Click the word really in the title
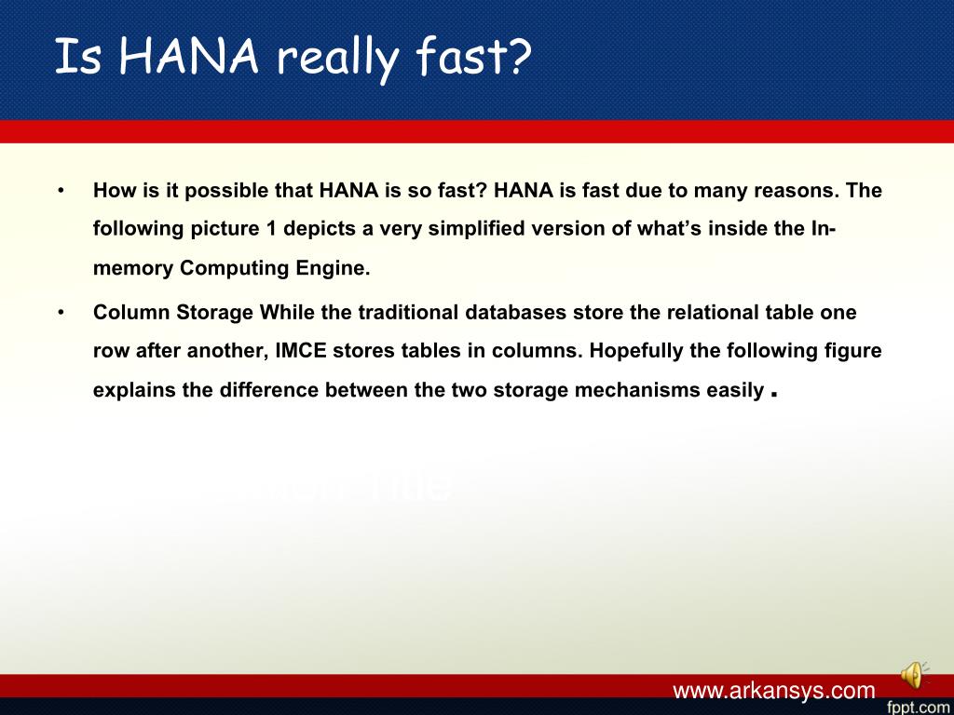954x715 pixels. coord(337,58)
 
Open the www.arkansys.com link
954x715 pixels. coord(774,691)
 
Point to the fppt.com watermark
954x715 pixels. coord(920,708)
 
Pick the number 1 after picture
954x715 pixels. coord(271,229)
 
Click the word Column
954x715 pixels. coord(132,313)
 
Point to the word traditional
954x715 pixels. coord(409,313)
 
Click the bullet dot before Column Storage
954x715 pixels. coord(61,313)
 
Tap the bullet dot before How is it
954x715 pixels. coord(61,191)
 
